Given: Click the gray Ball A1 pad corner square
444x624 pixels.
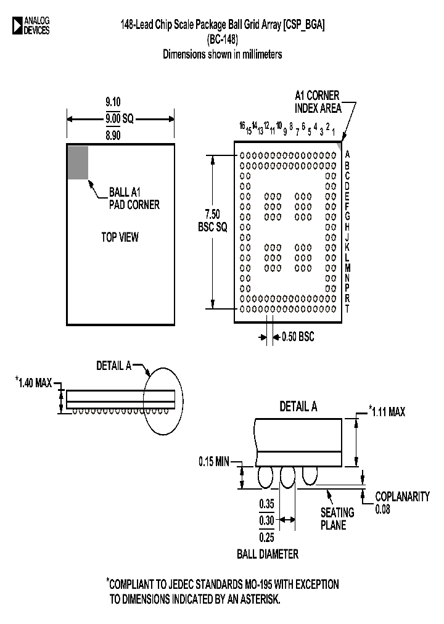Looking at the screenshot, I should coord(78,162).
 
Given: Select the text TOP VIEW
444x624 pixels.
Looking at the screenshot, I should coord(120,237).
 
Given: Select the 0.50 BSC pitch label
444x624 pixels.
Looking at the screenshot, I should coord(297,337).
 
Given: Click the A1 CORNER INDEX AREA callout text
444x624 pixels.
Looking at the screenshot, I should coord(317,101).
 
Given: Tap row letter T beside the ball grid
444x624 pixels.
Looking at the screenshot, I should coord(348,308).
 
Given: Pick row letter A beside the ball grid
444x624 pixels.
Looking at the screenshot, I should coord(348,155).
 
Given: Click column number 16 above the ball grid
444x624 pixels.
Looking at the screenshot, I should coord(243,126).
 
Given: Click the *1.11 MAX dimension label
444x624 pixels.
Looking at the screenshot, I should coord(387,411).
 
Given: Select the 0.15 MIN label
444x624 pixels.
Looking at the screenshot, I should coord(215,461).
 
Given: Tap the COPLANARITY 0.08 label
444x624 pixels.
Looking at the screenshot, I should coord(402,503).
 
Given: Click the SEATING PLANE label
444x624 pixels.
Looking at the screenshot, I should coord(337,519).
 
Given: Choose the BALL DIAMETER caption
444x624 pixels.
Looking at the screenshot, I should coord(268,554).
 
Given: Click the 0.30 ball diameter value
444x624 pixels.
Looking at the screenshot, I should coord(266,520).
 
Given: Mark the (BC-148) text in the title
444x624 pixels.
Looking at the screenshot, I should coord(222,39).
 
